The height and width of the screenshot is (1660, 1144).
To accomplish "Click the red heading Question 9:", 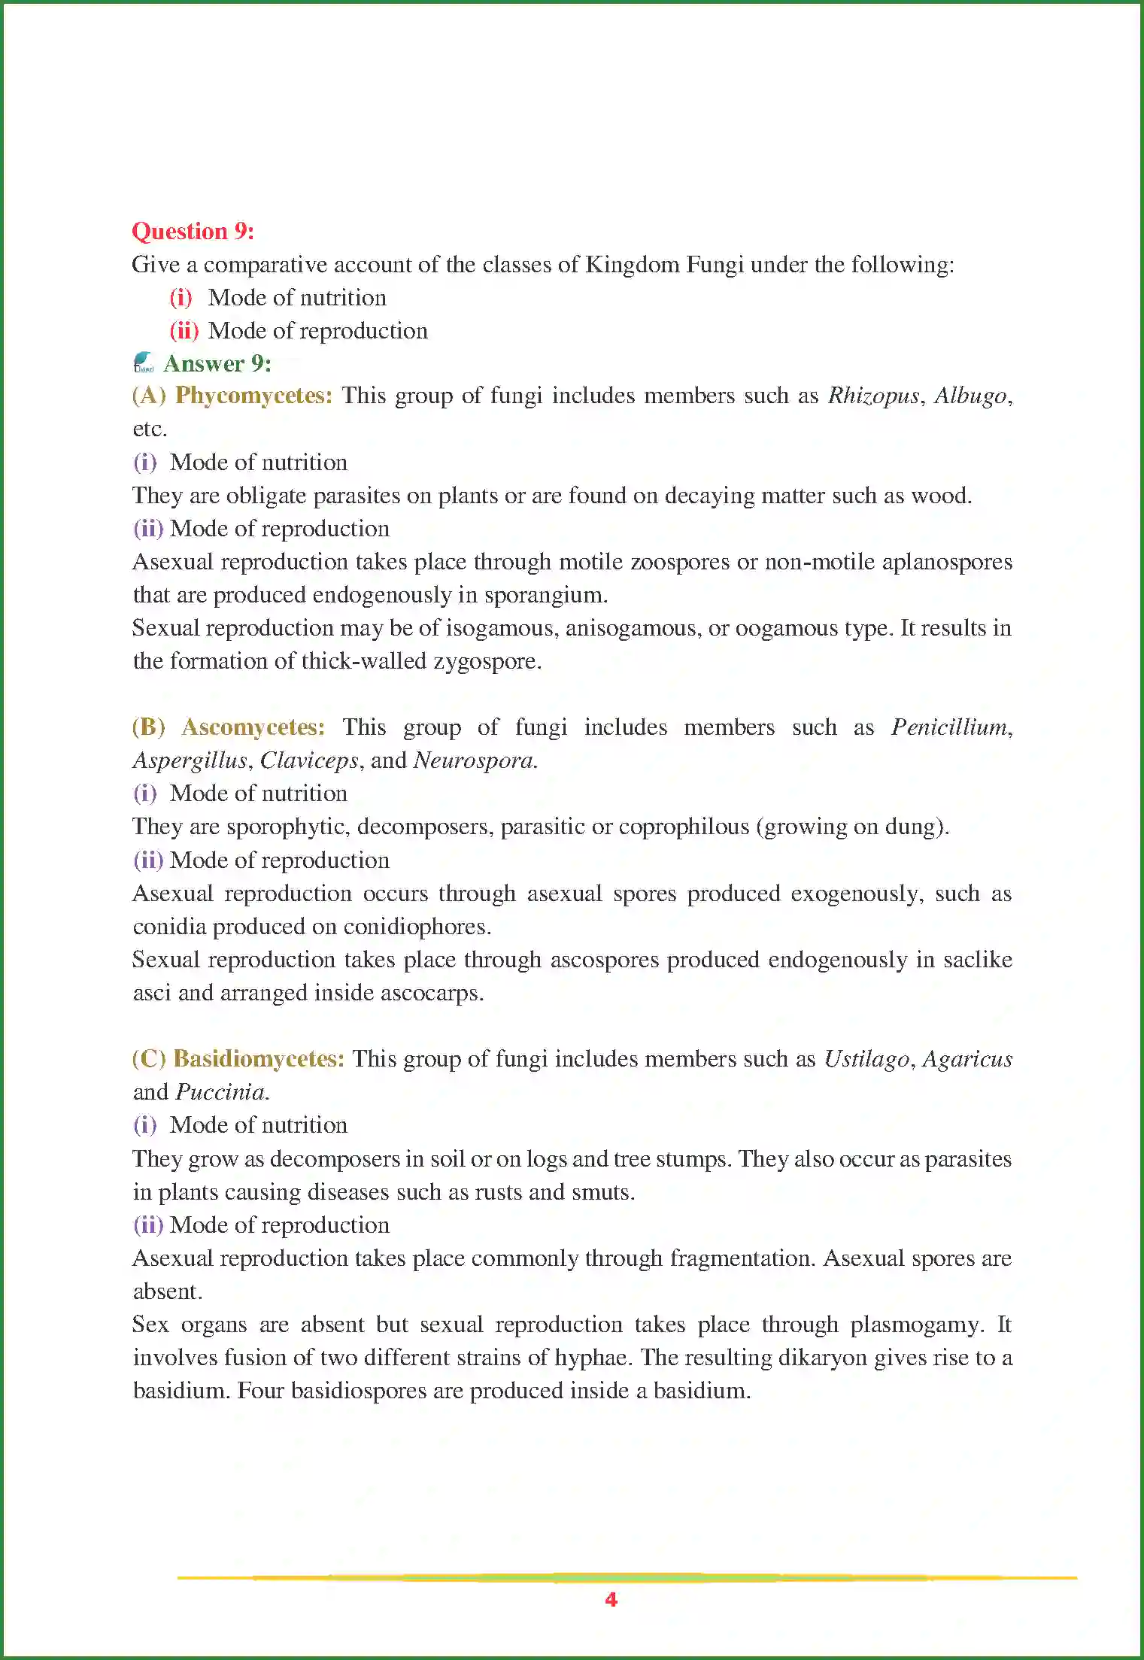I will point(193,231).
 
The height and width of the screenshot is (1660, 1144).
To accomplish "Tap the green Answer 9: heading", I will point(217,364).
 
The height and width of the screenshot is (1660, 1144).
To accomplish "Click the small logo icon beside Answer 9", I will point(143,363).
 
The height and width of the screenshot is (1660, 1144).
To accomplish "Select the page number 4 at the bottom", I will point(611,1600).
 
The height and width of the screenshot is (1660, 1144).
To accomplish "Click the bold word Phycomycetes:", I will point(253,396).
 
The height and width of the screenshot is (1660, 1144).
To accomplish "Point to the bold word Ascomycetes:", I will point(253,727).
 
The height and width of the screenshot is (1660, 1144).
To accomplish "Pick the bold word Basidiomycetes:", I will point(259,1059).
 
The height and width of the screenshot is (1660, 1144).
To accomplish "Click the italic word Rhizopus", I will point(873,396).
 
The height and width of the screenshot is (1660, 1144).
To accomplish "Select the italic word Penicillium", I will point(949,727).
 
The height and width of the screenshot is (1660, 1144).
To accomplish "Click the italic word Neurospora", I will point(474,760).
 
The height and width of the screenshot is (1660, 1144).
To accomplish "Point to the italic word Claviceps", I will point(309,761).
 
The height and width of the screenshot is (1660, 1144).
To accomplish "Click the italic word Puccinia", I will point(220,1092).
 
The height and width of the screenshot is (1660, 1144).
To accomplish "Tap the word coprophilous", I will point(681,827).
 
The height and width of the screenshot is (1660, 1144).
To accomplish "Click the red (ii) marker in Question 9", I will point(184,331).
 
